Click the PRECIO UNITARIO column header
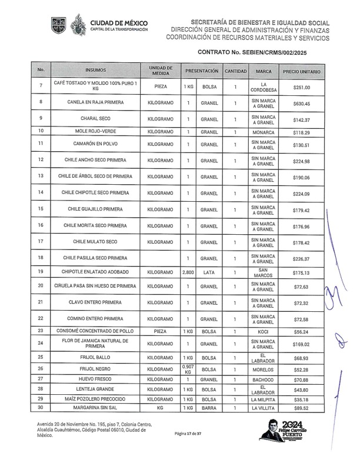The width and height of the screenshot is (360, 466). tap(302, 71)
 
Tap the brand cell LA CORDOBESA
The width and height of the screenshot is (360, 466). tap(264, 88)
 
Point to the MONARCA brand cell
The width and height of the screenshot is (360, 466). tap(264, 132)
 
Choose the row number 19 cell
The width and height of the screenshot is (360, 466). tap(41, 272)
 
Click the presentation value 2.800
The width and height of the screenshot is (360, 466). tap(188, 272)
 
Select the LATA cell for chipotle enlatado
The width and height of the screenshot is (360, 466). tap(209, 272)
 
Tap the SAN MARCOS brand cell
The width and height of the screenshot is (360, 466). tap(264, 272)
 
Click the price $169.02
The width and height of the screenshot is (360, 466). tap(302, 344)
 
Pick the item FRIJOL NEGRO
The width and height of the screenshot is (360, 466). tap(95, 370)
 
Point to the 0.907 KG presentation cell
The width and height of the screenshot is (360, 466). tap(188, 370)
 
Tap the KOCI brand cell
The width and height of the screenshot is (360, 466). tap(264, 332)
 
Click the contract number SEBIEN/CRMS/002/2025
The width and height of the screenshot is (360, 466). tap(286, 52)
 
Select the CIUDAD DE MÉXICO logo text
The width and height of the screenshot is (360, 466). tap(119, 24)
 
